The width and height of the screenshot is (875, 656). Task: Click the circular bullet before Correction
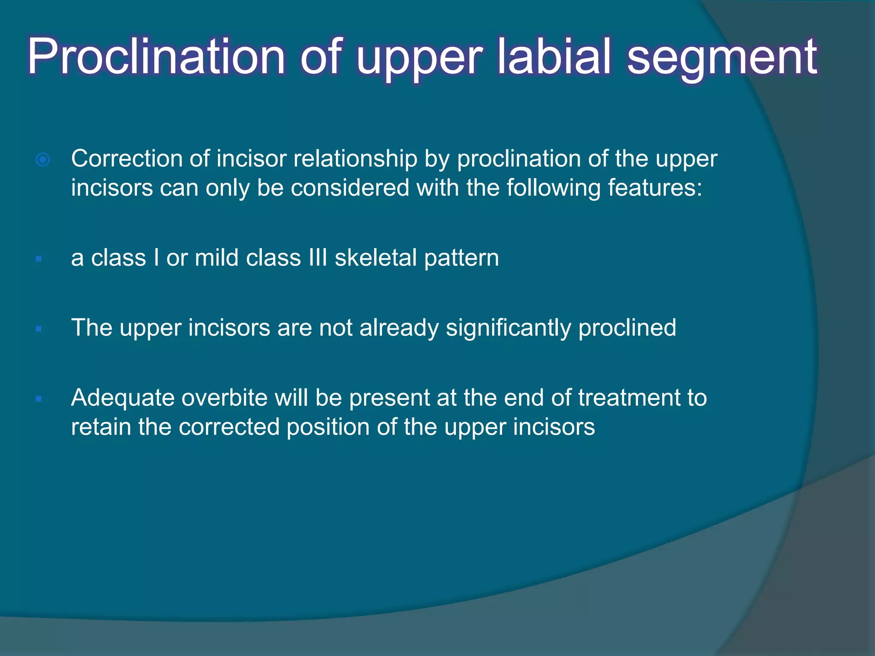pos(43,160)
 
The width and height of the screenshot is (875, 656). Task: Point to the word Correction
pos(127,159)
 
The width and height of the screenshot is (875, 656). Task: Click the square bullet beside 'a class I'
pos(39,258)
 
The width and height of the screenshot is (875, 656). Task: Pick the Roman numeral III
pos(317,258)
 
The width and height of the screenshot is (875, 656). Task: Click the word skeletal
pos(376,258)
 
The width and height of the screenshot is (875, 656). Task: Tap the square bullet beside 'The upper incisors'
pos(39,329)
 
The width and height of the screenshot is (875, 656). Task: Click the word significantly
pos(508,328)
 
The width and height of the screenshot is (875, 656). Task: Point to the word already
pos(399,328)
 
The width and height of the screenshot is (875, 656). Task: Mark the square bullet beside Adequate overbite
pos(39,399)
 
